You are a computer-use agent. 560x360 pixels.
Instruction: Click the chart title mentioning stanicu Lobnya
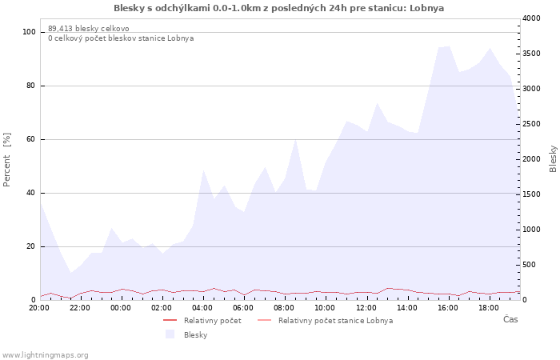click(x=278, y=8)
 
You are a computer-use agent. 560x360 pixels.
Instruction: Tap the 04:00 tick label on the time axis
click(x=202, y=308)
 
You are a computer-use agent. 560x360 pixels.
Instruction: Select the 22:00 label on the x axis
click(x=80, y=308)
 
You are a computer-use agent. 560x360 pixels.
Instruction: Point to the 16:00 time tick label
click(x=448, y=308)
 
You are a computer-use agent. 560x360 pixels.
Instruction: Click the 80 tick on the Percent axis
click(x=30, y=86)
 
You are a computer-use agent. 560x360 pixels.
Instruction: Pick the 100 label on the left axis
click(x=29, y=32)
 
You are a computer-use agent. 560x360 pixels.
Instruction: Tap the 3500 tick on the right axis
click(x=531, y=54)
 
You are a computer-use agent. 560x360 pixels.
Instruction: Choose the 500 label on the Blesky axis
click(x=530, y=265)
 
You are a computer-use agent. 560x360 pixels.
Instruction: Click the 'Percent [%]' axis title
click(x=6, y=160)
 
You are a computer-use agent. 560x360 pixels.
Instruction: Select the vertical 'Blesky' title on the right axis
click(x=553, y=158)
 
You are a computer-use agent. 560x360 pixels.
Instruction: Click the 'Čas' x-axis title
click(x=510, y=319)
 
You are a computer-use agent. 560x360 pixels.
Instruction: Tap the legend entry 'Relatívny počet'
click(x=213, y=321)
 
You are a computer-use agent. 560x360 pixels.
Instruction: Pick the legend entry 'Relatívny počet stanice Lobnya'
click(x=336, y=321)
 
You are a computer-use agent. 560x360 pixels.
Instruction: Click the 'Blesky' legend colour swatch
click(x=170, y=334)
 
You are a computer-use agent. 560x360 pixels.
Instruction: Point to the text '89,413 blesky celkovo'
click(x=89, y=29)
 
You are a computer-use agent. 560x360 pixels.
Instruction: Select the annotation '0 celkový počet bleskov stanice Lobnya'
click(x=121, y=38)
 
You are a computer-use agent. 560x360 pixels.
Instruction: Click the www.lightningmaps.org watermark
click(x=45, y=355)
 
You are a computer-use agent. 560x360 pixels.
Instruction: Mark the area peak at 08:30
click(x=295, y=139)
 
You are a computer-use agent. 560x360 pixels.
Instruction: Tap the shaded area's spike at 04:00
click(x=203, y=170)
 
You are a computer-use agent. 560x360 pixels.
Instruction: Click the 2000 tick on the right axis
click(x=531, y=159)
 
